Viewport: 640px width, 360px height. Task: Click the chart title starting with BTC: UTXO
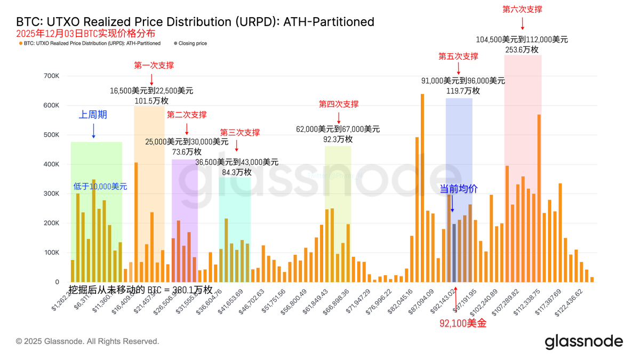point(195,22)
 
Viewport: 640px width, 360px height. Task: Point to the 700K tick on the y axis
point(51,76)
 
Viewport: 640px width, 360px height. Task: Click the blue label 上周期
point(93,115)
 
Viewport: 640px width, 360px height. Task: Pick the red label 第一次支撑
point(154,66)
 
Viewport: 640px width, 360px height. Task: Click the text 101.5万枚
point(151,101)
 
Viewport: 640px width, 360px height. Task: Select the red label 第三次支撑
point(239,132)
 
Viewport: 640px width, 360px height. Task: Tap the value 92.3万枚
point(338,139)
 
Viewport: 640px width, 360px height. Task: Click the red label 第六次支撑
point(523,10)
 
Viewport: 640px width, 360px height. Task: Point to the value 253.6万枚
point(522,50)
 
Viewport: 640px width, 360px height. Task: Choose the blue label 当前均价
point(458,189)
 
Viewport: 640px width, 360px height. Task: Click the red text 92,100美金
point(463,323)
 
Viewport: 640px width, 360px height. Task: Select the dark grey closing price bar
point(454,253)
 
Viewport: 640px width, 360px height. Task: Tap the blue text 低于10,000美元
point(100,187)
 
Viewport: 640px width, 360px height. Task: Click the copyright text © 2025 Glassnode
point(87,341)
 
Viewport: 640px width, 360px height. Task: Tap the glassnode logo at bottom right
point(583,341)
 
